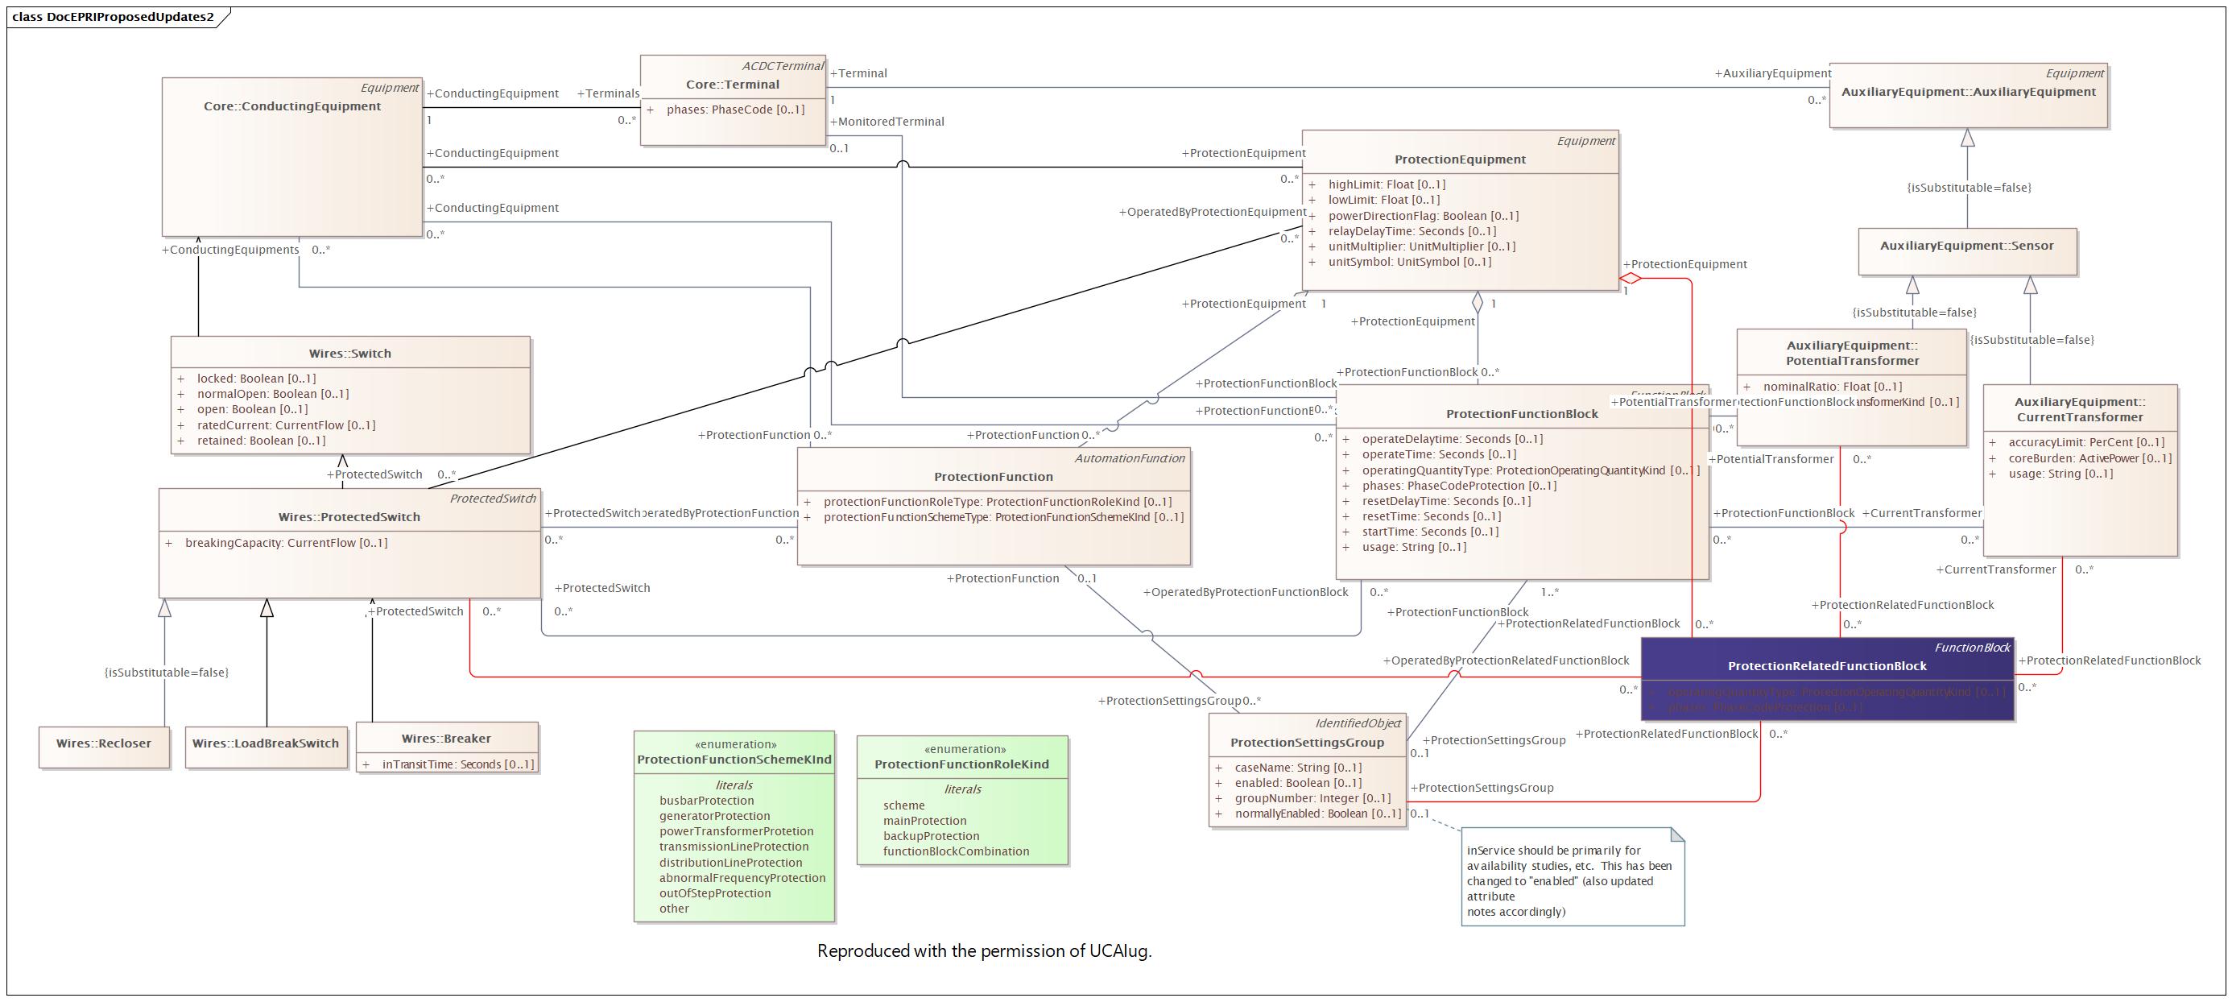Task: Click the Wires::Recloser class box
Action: point(104,743)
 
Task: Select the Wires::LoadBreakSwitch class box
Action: point(265,743)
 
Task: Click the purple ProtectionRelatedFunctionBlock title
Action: point(1826,665)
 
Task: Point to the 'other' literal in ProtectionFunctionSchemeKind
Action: point(674,909)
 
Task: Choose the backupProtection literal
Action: point(931,835)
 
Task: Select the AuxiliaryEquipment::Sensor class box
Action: point(1966,246)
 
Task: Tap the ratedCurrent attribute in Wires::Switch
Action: point(286,424)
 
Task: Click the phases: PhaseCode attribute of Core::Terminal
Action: point(735,110)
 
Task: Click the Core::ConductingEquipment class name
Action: point(292,106)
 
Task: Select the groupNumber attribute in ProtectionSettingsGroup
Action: point(1312,798)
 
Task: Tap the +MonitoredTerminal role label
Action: point(887,122)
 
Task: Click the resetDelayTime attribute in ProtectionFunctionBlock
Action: point(1445,501)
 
